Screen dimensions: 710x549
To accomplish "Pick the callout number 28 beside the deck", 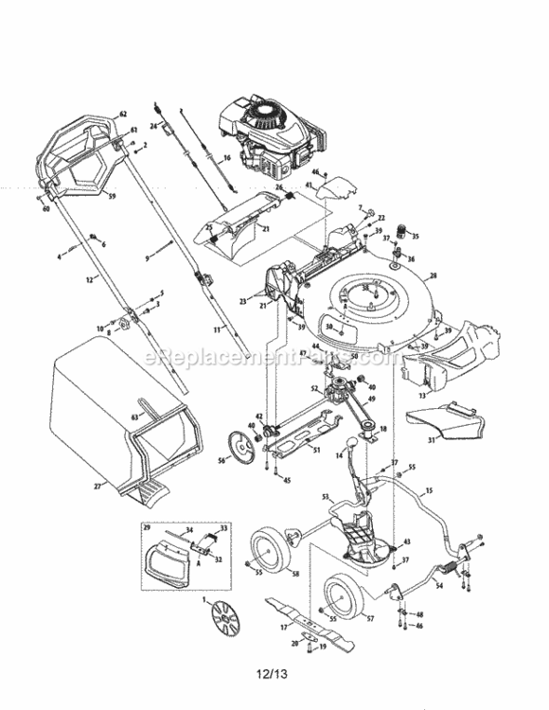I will (x=433, y=276).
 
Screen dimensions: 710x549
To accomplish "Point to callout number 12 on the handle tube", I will (x=88, y=279).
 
